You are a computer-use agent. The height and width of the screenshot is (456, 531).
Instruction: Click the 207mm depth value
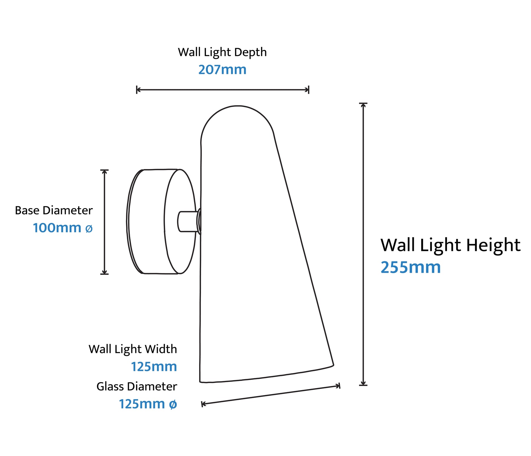pos(222,70)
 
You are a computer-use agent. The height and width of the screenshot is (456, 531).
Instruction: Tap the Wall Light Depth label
pos(222,52)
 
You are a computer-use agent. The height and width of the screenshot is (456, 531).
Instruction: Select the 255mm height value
pos(410,267)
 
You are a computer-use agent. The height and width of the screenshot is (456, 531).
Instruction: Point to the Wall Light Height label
pos(450,245)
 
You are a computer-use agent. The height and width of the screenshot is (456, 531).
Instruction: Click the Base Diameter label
pos(54,210)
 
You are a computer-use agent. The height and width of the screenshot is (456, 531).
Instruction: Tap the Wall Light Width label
pos(133,349)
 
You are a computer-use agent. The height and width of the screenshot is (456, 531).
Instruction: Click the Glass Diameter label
pos(137,386)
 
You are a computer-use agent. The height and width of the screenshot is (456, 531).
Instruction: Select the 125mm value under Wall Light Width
pos(154,367)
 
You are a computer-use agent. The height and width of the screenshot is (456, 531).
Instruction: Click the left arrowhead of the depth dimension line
pos(138,90)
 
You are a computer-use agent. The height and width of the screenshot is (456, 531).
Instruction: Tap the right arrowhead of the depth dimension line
pos(307,90)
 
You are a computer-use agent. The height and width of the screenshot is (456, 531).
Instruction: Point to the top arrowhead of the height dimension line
pos(363,105)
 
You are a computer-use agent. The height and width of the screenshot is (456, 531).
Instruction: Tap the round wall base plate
pos(161,222)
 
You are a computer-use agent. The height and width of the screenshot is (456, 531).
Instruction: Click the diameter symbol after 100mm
pos(89,228)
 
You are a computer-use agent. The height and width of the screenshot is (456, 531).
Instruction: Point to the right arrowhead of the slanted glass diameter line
pos(338,386)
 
